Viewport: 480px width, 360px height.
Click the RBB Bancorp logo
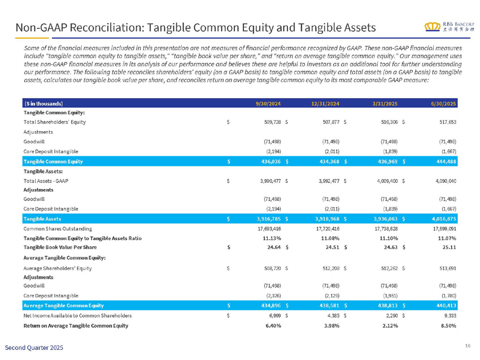450,27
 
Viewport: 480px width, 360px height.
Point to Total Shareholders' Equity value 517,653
446,121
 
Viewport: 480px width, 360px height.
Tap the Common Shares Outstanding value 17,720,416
326,230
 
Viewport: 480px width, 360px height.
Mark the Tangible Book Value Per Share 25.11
449,248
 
